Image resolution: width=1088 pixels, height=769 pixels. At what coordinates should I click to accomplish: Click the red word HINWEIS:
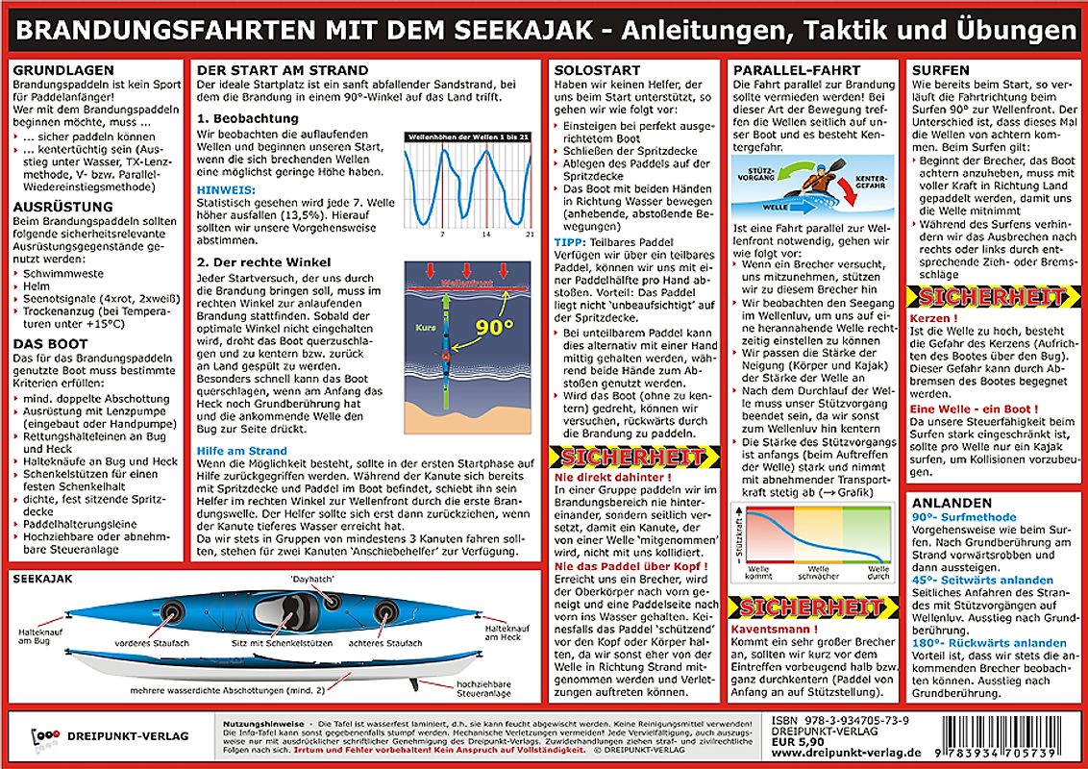[224, 191]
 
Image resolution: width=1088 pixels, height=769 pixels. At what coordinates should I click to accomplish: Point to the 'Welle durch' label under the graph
[878, 572]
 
